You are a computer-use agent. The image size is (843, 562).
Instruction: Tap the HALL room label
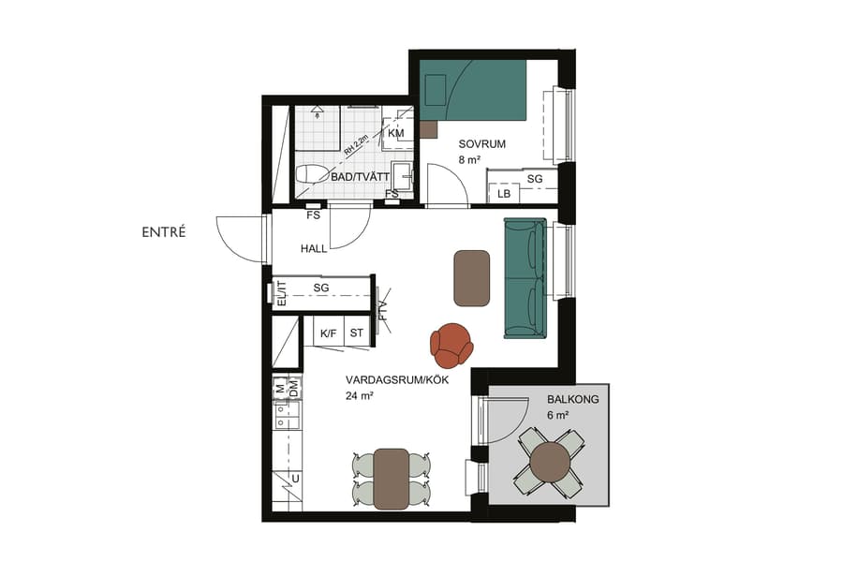[x=314, y=249]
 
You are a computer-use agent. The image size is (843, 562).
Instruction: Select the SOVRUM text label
[x=481, y=144]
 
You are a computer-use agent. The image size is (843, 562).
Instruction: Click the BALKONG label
[x=572, y=399]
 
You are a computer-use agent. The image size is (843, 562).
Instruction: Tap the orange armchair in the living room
[x=452, y=344]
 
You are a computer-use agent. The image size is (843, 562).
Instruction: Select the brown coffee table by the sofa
[x=473, y=277]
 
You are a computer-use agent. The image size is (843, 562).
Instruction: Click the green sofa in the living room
[x=525, y=277]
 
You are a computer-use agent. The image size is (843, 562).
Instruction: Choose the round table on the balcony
[x=549, y=461]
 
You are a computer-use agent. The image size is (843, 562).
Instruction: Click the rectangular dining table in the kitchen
[x=392, y=478]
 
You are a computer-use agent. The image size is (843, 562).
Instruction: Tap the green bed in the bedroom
[x=473, y=90]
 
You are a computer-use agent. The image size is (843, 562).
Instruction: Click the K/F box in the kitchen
[x=328, y=333]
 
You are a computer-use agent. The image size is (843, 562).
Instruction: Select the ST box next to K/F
[x=356, y=333]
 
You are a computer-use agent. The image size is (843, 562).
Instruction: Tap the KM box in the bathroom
[x=395, y=135]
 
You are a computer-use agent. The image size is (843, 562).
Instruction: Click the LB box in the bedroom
[x=504, y=194]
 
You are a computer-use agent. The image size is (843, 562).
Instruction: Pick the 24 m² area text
[x=358, y=396]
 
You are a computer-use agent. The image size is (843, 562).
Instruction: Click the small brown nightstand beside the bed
[x=428, y=129]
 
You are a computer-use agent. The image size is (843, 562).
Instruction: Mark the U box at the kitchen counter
[x=295, y=479]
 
